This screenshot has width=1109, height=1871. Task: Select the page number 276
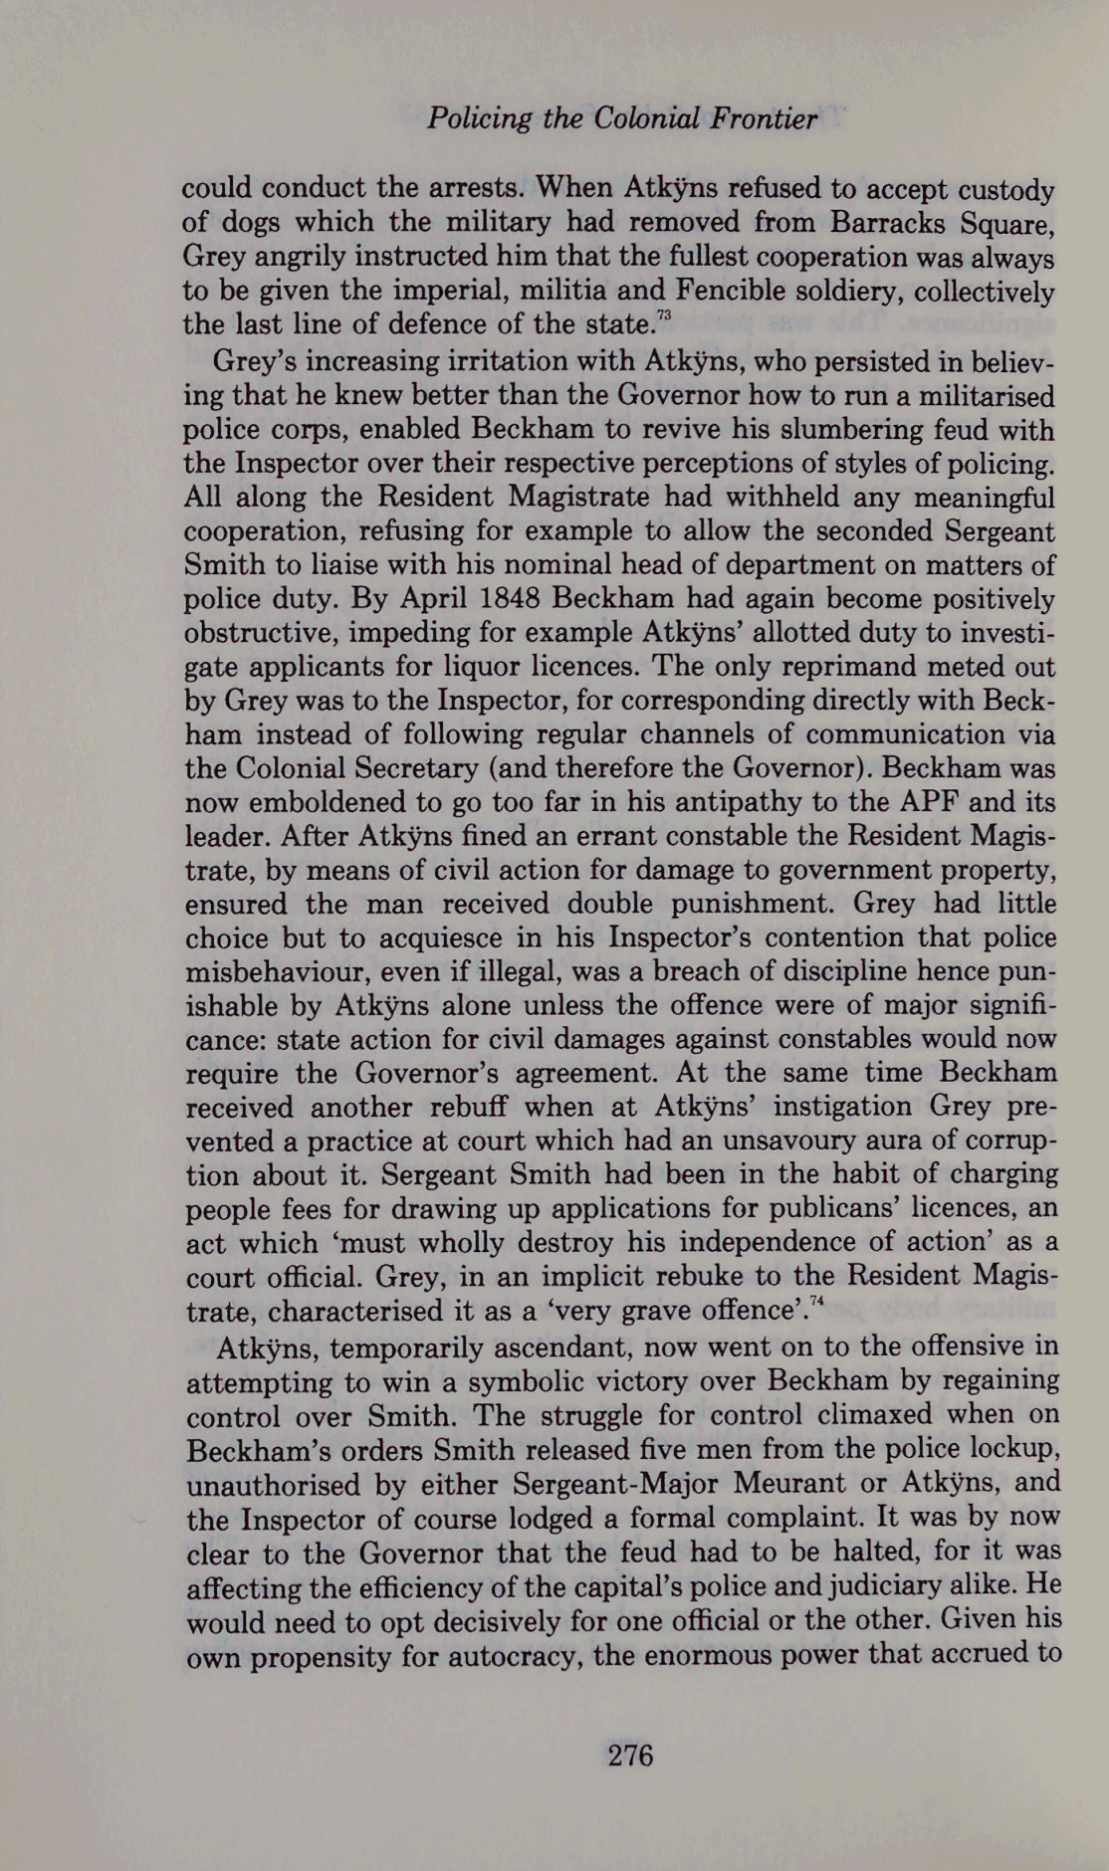[630, 1755]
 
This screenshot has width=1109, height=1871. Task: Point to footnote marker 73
[665, 316]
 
